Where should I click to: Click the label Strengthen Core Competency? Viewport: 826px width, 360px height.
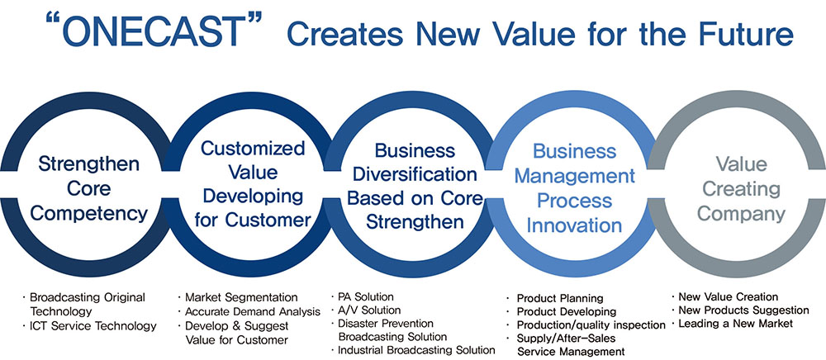point(88,189)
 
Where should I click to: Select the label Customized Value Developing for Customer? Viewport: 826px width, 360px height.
point(253,183)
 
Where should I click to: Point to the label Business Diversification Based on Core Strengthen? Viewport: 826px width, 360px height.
point(415,187)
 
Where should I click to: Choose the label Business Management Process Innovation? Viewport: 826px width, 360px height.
point(574,188)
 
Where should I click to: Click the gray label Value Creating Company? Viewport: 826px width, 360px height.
point(741,189)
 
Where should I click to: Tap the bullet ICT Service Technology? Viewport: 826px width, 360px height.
point(93,326)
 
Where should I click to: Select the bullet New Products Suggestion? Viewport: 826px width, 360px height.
point(743,310)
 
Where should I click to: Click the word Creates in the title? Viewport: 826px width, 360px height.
point(344,33)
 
